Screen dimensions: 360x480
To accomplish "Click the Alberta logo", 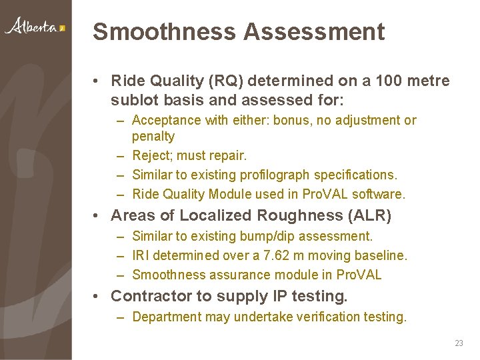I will coord(35,27).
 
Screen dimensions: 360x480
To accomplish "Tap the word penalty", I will coord(153,137).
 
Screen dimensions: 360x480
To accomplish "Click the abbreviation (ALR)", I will coord(369,216).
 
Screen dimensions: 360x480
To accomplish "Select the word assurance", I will coord(237,275).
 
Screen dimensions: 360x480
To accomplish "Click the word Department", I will coord(167,317).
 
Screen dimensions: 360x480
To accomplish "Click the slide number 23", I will coord(459,343).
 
